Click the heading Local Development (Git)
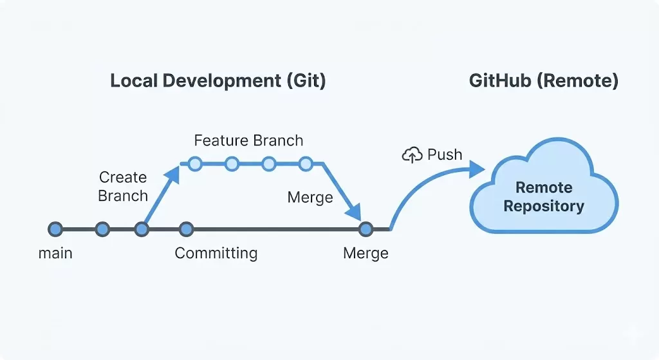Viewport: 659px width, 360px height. pyautogui.click(x=218, y=81)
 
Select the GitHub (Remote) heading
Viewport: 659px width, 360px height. pyautogui.click(x=543, y=81)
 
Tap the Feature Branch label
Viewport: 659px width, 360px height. pyautogui.click(x=248, y=140)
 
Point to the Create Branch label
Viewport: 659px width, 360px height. pyautogui.click(x=123, y=186)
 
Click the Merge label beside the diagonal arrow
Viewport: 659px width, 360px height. pyautogui.click(x=310, y=198)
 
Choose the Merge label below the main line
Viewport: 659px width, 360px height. pyautogui.click(x=366, y=253)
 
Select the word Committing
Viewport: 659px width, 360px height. pyautogui.click(x=216, y=253)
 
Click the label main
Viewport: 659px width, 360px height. pyautogui.click(x=55, y=253)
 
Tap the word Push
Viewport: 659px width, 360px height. pyautogui.click(x=445, y=155)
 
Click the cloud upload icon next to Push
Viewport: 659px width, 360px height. pyautogui.click(x=411, y=155)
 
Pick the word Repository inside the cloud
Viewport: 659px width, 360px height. pyautogui.click(x=544, y=207)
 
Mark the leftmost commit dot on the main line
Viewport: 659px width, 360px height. pyautogui.click(x=55, y=229)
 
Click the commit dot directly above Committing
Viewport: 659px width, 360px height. pyautogui.click(x=186, y=229)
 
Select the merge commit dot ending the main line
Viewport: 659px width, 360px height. pyautogui.click(x=366, y=229)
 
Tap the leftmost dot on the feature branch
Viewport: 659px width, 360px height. pyautogui.click(x=194, y=164)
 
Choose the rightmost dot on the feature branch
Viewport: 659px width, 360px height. pyautogui.click(x=306, y=164)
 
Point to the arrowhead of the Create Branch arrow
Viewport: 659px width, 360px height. pyautogui.click(x=173, y=172)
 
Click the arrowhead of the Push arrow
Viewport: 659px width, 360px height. pyautogui.click(x=476, y=169)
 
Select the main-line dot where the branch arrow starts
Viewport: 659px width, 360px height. pyautogui.click(x=142, y=229)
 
